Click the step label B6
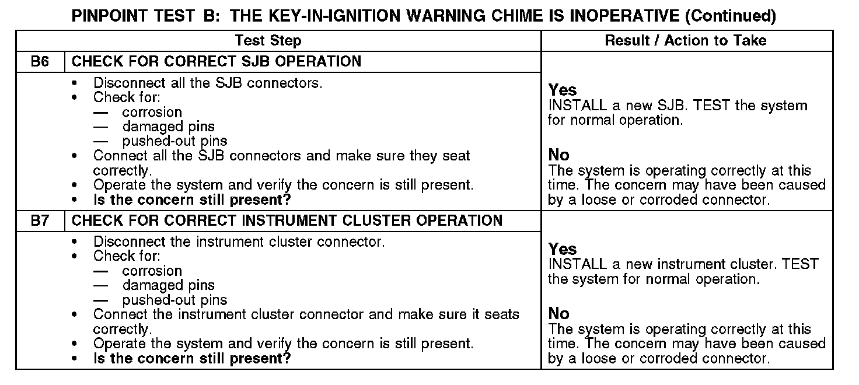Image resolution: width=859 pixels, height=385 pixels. pos(40,61)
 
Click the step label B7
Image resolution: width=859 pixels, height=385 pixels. pos(40,220)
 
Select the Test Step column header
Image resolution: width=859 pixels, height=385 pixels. pos(268,40)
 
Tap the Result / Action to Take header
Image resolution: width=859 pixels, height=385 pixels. pos(686,40)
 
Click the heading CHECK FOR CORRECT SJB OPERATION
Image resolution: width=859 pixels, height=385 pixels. pos(217,61)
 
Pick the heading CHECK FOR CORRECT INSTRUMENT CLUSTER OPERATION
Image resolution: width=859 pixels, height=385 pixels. pos(287,220)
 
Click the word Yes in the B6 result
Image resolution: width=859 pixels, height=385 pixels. pos(563,90)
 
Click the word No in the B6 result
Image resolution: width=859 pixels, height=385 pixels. pos(558,155)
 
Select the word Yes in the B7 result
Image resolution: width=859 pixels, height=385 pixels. pos(563,250)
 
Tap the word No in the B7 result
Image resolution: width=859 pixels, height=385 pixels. pos(558,314)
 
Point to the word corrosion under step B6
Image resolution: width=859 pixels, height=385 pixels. pos(152,112)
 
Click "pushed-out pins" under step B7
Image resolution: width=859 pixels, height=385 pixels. pos(174,300)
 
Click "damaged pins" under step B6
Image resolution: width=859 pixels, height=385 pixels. pos(168,127)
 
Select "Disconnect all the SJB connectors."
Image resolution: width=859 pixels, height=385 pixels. pos(207,83)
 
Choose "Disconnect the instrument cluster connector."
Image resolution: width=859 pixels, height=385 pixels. pos(239,242)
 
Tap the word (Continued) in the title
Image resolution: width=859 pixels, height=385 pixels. pos(730,16)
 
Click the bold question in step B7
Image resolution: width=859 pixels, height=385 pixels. pos(192,358)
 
